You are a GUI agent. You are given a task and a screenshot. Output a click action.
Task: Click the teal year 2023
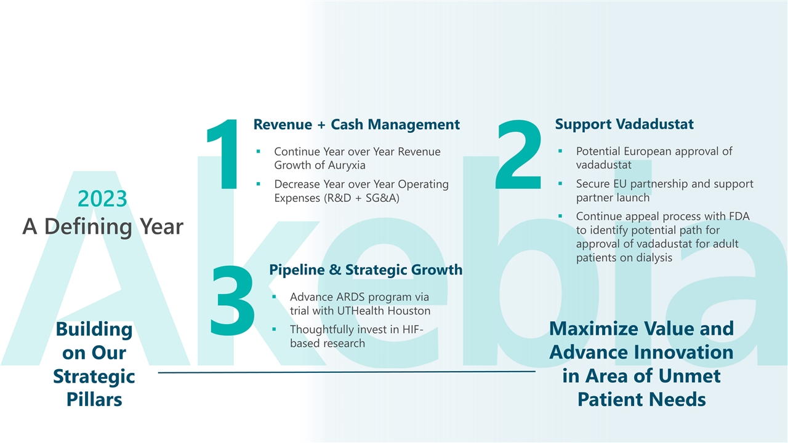(x=102, y=199)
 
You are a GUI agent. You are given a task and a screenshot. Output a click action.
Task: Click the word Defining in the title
(x=88, y=227)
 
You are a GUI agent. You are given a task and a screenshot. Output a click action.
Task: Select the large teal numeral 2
(x=518, y=154)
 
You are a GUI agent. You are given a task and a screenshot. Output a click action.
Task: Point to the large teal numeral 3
(x=232, y=300)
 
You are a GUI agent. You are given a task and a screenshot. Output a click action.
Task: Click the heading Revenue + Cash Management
(x=356, y=124)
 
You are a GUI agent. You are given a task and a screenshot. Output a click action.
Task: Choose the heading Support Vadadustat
(x=624, y=124)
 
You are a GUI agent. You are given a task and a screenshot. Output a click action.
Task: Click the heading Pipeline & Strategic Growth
(x=366, y=269)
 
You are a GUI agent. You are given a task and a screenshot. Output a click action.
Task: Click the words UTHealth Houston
(x=384, y=311)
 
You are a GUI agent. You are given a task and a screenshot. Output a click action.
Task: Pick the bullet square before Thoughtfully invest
(x=274, y=329)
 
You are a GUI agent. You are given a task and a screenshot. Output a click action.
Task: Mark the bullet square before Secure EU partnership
(x=560, y=183)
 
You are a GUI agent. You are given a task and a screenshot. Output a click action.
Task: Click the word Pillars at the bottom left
(x=94, y=400)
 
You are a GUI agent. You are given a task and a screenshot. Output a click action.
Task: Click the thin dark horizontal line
(x=347, y=372)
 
